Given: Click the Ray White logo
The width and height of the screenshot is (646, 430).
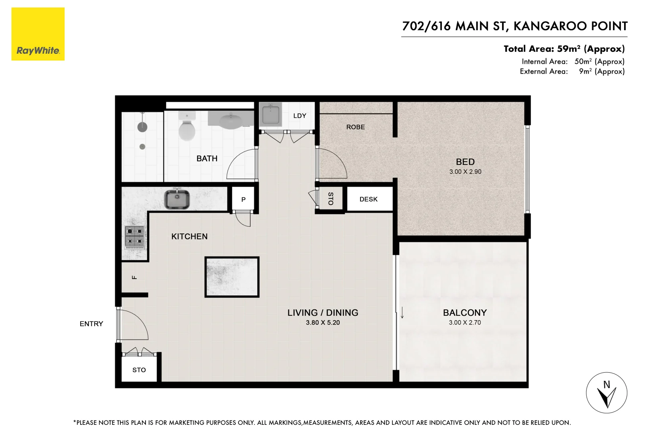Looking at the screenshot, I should tap(38, 34).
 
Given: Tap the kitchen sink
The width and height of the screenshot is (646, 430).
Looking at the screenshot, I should tap(177, 199).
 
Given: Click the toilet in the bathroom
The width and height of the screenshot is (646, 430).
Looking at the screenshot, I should tap(186, 127).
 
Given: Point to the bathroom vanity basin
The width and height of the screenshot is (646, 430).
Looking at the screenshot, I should tap(231, 120).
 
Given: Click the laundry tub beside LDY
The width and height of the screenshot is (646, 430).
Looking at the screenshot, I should tap(271, 115).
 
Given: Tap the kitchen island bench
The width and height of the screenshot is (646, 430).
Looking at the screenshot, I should tap(232, 277).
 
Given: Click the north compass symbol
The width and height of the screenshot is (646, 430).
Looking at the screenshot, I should tap(607, 393).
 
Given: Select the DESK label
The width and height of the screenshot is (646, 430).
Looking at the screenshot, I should tap(368, 199).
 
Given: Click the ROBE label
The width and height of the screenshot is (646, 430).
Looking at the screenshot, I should tap(355, 127).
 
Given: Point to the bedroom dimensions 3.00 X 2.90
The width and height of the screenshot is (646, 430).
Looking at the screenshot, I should tap(465, 172).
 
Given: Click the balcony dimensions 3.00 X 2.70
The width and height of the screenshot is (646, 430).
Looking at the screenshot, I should tap(465, 322).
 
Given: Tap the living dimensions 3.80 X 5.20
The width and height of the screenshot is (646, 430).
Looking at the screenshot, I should tap(323, 322).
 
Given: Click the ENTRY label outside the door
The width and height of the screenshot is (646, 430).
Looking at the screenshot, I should tap(91, 324).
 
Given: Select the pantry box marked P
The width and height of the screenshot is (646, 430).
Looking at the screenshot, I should tap(243, 199).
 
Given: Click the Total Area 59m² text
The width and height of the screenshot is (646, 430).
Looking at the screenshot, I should tap(564, 49).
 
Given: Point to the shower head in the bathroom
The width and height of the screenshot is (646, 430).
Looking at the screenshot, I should tap(142, 127).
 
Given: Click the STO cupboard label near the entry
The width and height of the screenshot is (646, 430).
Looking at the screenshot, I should tap(139, 370).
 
